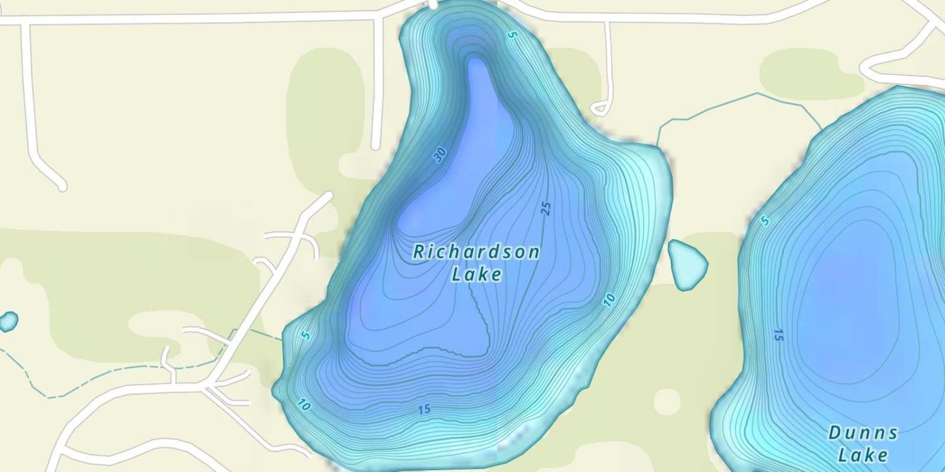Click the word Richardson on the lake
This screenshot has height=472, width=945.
tap(476, 252)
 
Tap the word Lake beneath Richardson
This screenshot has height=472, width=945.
tap(478, 274)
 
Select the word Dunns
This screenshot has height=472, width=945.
tap(862, 433)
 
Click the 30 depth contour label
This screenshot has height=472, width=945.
tap(440, 154)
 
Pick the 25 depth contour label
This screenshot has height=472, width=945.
tap(546, 209)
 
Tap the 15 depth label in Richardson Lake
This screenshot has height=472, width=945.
tap(424, 410)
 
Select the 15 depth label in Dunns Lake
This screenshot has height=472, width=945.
tap(778, 335)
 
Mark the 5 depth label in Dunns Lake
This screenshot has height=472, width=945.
tap(765, 220)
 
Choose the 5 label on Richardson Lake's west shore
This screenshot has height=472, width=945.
tap(306, 335)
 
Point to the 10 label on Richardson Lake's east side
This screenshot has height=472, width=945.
tap(608, 300)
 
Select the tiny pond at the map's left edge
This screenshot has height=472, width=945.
tap(8, 322)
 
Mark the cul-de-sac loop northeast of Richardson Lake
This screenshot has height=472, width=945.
tap(601, 109)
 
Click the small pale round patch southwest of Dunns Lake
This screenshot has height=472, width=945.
tap(667, 401)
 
